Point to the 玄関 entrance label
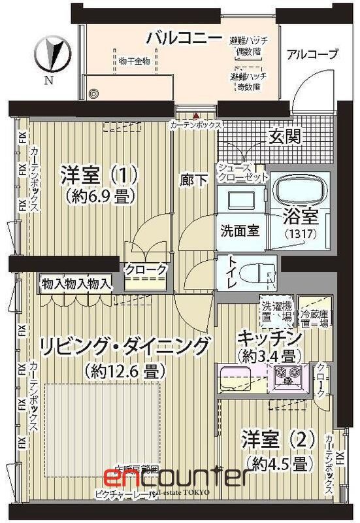point(285,137)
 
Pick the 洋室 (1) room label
point(98,175)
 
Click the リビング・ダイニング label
point(125,345)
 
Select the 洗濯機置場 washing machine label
point(278,311)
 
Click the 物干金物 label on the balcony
point(135,61)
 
